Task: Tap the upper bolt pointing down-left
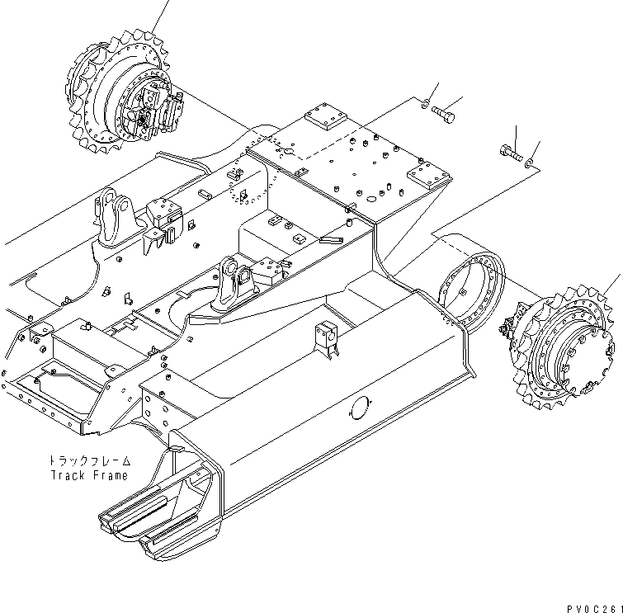point(442,114)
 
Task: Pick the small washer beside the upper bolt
point(424,103)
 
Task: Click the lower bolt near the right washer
point(510,152)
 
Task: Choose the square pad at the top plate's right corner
point(426,175)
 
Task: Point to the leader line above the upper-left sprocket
point(162,15)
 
